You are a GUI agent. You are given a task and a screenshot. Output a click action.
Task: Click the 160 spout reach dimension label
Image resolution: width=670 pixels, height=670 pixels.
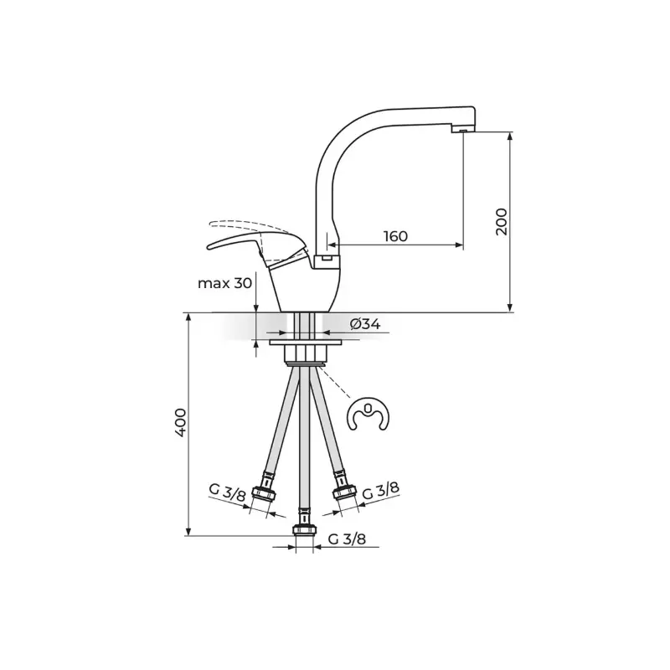point(395,236)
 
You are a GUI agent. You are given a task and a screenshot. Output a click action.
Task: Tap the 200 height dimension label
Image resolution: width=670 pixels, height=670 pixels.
point(502,221)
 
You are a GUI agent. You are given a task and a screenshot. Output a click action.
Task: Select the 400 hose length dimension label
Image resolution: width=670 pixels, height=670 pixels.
point(180,422)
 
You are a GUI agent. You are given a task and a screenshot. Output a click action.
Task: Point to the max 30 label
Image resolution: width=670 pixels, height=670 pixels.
point(224,283)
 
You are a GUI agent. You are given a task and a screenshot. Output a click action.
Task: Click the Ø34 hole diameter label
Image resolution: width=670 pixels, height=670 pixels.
point(365,324)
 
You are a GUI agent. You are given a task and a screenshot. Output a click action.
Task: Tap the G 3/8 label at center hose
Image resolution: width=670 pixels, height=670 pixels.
point(347,539)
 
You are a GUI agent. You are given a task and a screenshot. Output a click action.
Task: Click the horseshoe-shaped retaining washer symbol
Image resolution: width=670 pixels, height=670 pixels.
point(368,415)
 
